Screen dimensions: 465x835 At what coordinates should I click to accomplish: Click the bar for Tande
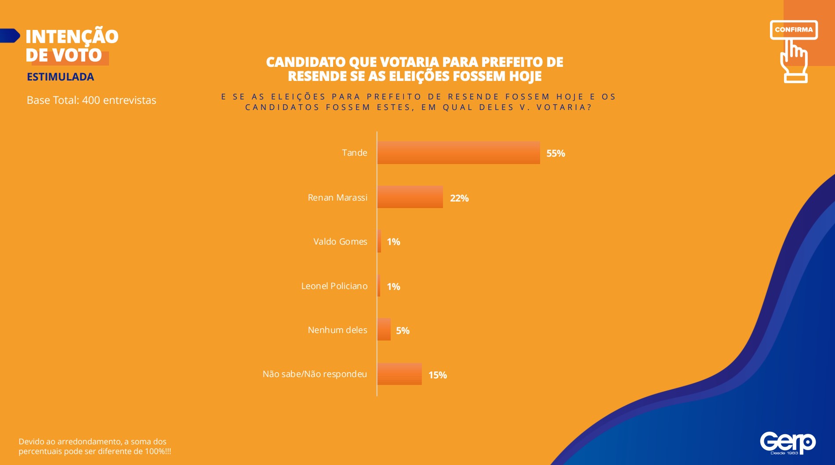pyautogui.click(x=458, y=153)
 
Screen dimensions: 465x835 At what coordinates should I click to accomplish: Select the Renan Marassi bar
pyautogui.click(x=410, y=197)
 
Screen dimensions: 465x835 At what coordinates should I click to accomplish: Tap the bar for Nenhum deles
pyautogui.click(x=384, y=330)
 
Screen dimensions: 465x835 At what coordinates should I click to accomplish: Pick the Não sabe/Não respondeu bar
pyautogui.click(x=399, y=374)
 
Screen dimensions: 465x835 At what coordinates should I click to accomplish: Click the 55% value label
pyautogui.click(x=555, y=154)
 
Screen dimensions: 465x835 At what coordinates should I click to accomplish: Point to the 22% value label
pyautogui.click(x=459, y=198)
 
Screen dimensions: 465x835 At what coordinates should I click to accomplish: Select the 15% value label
pyautogui.click(x=437, y=375)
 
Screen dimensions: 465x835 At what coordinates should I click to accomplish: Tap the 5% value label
pyautogui.click(x=403, y=331)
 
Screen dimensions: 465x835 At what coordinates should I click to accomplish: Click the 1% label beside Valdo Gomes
pyautogui.click(x=393, y=242)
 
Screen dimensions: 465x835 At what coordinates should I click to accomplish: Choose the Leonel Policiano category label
pyautogui.click(x=334, y=286)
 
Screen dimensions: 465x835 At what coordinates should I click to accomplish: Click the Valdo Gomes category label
pyautogui.click(x=340, y=242)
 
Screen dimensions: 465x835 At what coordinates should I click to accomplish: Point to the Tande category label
pyautogui.click(x=354, y=153)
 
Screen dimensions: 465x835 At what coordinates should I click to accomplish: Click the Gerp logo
pyautogui.click(x=788, y=443)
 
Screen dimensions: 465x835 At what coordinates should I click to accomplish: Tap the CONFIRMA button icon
pyautogui.click(x=794, y=30)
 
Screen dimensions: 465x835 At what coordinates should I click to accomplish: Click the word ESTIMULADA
pyautogui.click(x=60, y=77)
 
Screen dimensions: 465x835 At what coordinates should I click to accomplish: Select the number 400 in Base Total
pyautogui.click(x=91, y=100)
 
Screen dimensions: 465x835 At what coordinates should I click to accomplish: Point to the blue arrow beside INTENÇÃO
pyautogui.click(x=10, y=36)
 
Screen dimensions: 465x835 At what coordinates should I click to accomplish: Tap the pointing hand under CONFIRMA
pyautogui.click(x=794, y=62)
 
